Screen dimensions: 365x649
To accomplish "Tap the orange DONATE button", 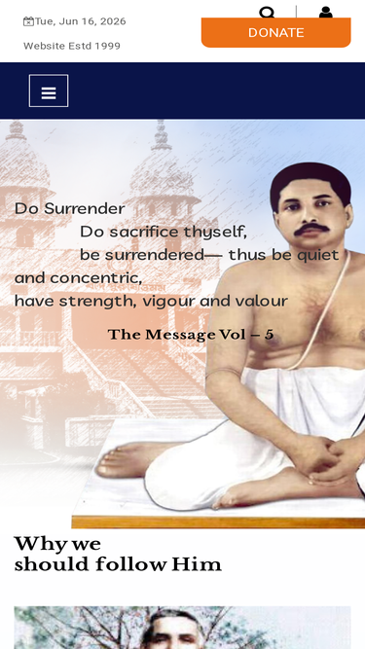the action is click(276, 32).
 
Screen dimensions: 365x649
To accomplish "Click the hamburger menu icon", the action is click(49, 90).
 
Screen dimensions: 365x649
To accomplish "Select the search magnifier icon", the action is click(267, 13).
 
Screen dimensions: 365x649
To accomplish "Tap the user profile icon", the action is click(326, 13).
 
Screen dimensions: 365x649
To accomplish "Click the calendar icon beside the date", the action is click(28, 21).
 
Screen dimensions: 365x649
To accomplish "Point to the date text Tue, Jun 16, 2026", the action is click(80, 21).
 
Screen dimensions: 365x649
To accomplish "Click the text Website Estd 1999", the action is click(72, 46).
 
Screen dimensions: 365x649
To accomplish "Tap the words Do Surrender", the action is click(69, 208).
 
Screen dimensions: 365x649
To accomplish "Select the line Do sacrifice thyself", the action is click(164, 233).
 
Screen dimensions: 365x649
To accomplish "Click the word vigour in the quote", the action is click(168, 302).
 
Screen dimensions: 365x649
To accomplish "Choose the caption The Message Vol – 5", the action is click(191, 335).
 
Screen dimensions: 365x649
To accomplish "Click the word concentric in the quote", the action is click(96, 278).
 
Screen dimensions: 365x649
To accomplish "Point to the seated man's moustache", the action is click(312, 229).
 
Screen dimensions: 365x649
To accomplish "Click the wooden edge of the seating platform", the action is click(218, 523).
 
